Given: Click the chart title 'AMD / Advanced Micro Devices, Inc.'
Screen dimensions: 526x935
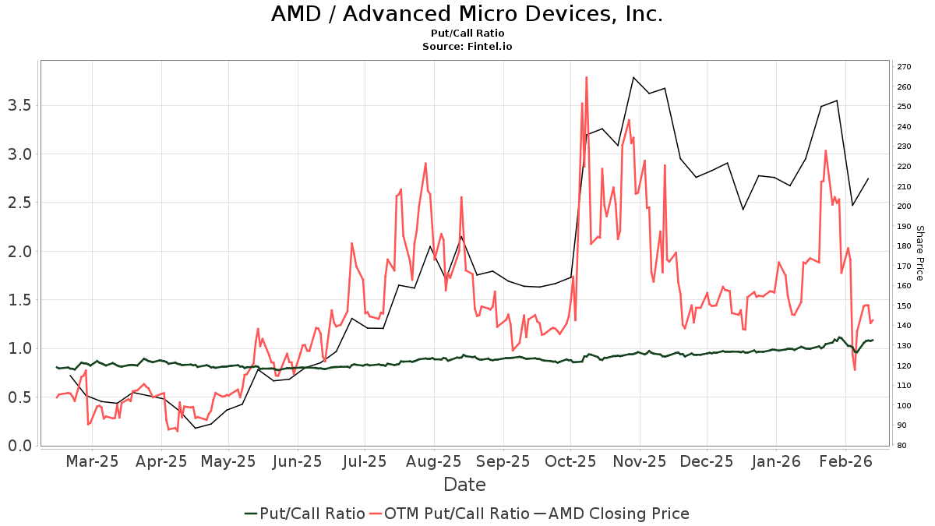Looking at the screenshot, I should (467, 14).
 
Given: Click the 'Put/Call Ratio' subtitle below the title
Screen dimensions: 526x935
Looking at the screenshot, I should (467, 34).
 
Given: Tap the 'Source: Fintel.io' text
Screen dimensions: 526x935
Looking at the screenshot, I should (467, 47).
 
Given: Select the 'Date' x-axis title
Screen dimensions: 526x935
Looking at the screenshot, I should (464, 485).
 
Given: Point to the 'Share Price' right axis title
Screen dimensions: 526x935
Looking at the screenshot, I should (919, 252).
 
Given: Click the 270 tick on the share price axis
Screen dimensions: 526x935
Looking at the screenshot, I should (904, 67).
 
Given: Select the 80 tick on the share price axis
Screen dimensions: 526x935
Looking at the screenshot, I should (901, 446).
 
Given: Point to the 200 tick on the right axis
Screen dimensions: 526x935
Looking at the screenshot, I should (904, 207).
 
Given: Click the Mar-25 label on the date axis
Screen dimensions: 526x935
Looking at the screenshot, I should (92, 461).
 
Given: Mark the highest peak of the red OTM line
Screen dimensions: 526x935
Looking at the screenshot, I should (586, 77).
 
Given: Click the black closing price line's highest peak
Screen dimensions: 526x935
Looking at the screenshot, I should (633, 77).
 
